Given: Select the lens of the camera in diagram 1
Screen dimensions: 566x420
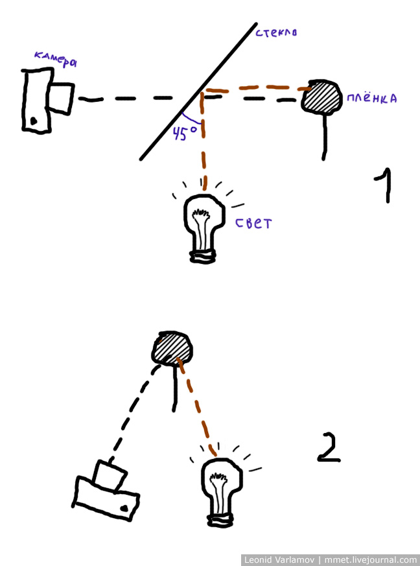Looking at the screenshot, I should (62, 97).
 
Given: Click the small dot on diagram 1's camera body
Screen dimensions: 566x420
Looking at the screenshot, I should (33, 121).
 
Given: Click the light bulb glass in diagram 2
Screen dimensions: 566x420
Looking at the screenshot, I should (223, 482).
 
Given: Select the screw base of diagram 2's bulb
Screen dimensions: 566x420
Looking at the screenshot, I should (221, 518).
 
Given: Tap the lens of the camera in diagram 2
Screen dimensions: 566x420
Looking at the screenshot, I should (108, 475).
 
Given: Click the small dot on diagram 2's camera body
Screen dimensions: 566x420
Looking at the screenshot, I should (123, 510).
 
